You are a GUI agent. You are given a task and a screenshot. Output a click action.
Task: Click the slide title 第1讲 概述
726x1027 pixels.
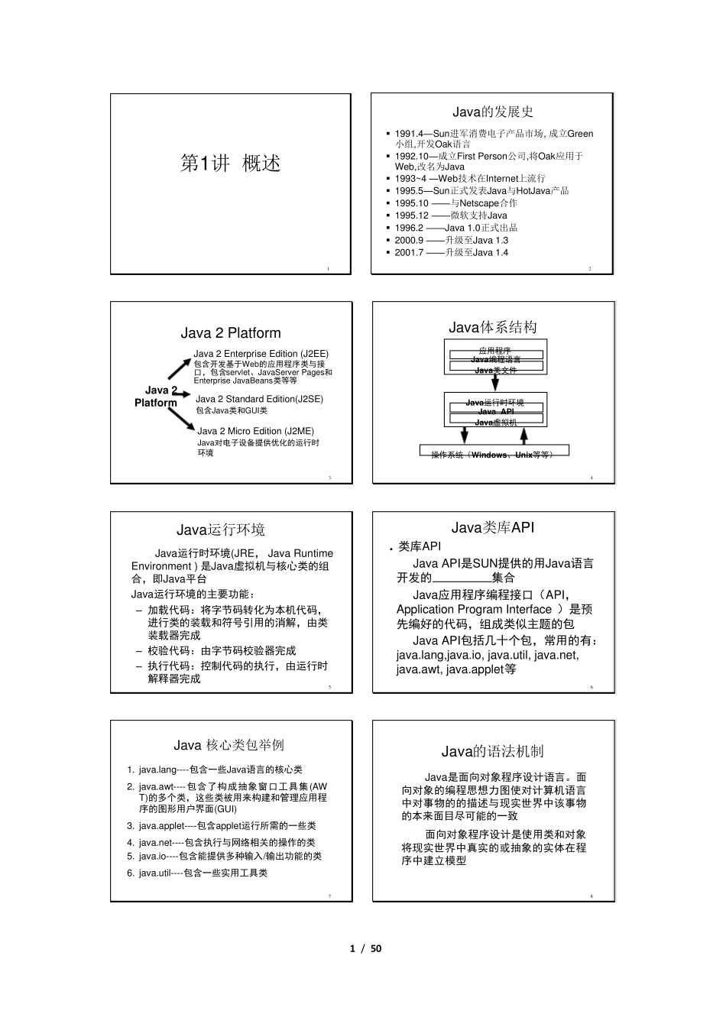pyautogui.click(x=230, y=163)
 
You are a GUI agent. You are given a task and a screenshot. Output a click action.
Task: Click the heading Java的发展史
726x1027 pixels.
pyautogui.click(x=492, y=112)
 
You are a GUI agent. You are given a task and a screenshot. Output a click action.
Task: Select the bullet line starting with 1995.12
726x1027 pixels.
pyautogui.click(x=451, y=215)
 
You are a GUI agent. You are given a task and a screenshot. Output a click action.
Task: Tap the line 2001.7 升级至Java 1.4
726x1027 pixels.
pyautogui.click(x=451, y=252)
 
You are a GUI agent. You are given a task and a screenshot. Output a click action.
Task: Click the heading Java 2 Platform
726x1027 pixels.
pyautogui.click(x=231, y=333)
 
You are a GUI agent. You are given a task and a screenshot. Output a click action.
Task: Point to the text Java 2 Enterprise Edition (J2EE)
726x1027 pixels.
pyautogui.click(x=261, y=354)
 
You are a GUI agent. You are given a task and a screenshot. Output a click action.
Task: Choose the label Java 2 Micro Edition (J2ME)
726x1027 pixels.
pyautogui.click(x=255, y=431)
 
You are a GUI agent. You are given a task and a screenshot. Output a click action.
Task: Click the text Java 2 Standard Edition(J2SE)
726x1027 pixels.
pyautogui.click(x=259, y=399)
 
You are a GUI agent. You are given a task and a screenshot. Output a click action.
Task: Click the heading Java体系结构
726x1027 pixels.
pyautogui.click(x=492, y=327)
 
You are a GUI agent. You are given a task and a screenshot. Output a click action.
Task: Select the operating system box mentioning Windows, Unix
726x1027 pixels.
pyautogui.click(x=494, y=455)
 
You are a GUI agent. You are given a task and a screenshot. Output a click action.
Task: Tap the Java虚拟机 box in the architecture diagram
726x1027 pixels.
pyautogui.click(x=495, y=422)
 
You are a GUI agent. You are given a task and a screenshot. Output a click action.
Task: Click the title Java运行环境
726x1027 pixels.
pyautogui.click(x=221, y=530)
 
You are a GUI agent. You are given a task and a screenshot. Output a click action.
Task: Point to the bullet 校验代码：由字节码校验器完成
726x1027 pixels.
pyautogui.click(x=221, y=650)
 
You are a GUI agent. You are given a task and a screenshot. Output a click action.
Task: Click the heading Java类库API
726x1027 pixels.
pyautogui.click(x=492, y=527)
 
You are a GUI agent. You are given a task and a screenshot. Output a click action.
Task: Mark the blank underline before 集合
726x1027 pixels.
pyautogui.click(x=462, y=579)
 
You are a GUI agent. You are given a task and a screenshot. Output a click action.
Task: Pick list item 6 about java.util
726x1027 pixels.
pyautogui.click(x=203, y=873)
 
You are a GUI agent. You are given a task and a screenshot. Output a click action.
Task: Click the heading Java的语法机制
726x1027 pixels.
pyautogui.click(x=492, y=751)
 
